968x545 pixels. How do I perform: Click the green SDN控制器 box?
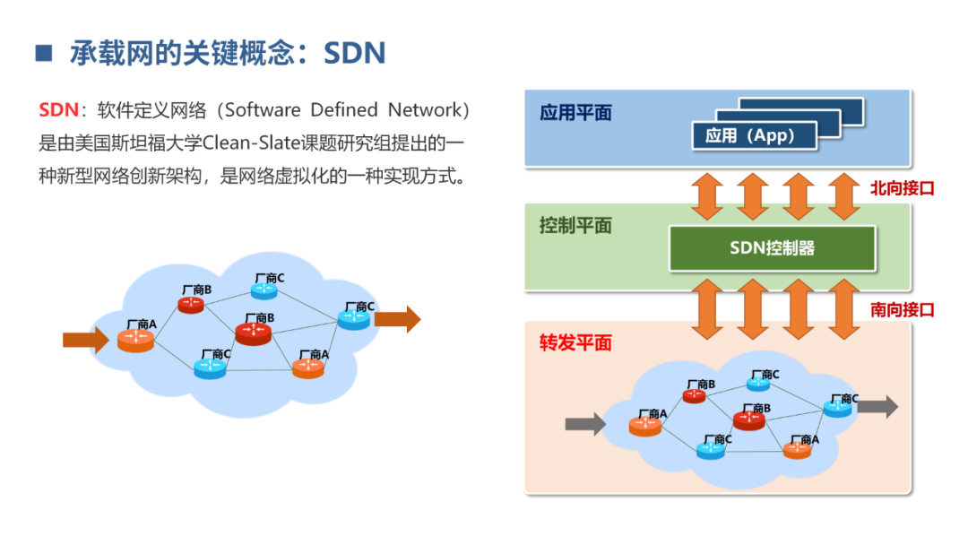click(x=772, y=248)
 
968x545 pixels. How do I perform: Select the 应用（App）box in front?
click(x=755, y=135)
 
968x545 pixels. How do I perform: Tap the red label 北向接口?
click(x=902, y=189)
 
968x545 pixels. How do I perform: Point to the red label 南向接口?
click(x=902, y=310)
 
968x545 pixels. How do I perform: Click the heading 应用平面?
click(x=575, y=113)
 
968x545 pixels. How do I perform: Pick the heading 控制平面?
click(x=575, y=226)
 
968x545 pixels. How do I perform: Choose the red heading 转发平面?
click(x=575, y=343)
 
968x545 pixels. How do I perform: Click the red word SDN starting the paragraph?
click(x=58, y=110)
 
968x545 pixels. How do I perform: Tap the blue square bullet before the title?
click(x=43, y=53)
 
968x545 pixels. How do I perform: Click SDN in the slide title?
click(x=354, y=53)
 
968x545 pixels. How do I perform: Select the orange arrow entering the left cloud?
click(x=85, y=339)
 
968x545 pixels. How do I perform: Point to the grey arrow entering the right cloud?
click(x=585, y=423)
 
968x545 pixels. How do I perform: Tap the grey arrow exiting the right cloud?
click(x=877, y=406)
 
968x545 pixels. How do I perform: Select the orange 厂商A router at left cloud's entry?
click(x=135, y=340)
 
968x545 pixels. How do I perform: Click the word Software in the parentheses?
click(x=263, y=110)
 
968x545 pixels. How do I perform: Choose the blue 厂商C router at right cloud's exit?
click(x=838, y=408)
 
